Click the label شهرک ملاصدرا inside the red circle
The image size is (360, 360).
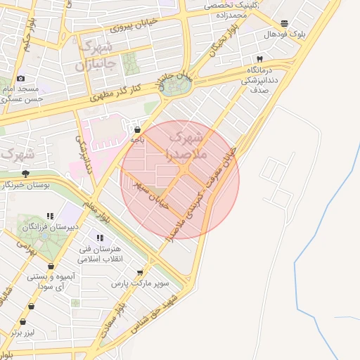point(186,143)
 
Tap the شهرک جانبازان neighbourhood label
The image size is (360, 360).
point(91,56)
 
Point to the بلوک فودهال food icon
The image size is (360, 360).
point(284,23)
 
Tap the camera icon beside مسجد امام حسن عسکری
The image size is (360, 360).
point(20,78)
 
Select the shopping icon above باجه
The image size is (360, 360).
point(136,129)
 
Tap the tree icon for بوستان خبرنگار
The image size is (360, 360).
point(26,173)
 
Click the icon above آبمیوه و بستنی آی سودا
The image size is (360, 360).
point(51,266)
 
